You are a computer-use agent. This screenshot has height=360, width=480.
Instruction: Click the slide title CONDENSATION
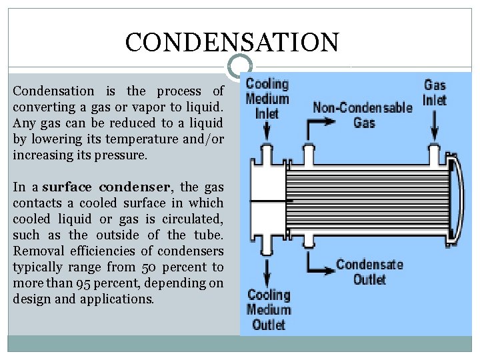click(x=232, y=42)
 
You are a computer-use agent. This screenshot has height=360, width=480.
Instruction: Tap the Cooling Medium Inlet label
click(x=267, y=99)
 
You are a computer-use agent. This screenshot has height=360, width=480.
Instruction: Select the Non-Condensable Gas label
click(x=363, y=115)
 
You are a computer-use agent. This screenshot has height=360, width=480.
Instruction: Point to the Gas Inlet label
click(x=435, y=93)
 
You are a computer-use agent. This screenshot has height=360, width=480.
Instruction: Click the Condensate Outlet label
click(x=369, y=271)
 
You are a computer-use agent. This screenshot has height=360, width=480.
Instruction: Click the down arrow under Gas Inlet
click(x=435, y=123)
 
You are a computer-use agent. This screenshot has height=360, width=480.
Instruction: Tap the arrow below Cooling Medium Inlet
click(x=267, y=132)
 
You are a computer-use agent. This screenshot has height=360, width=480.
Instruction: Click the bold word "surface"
click(x=65, y=187)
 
